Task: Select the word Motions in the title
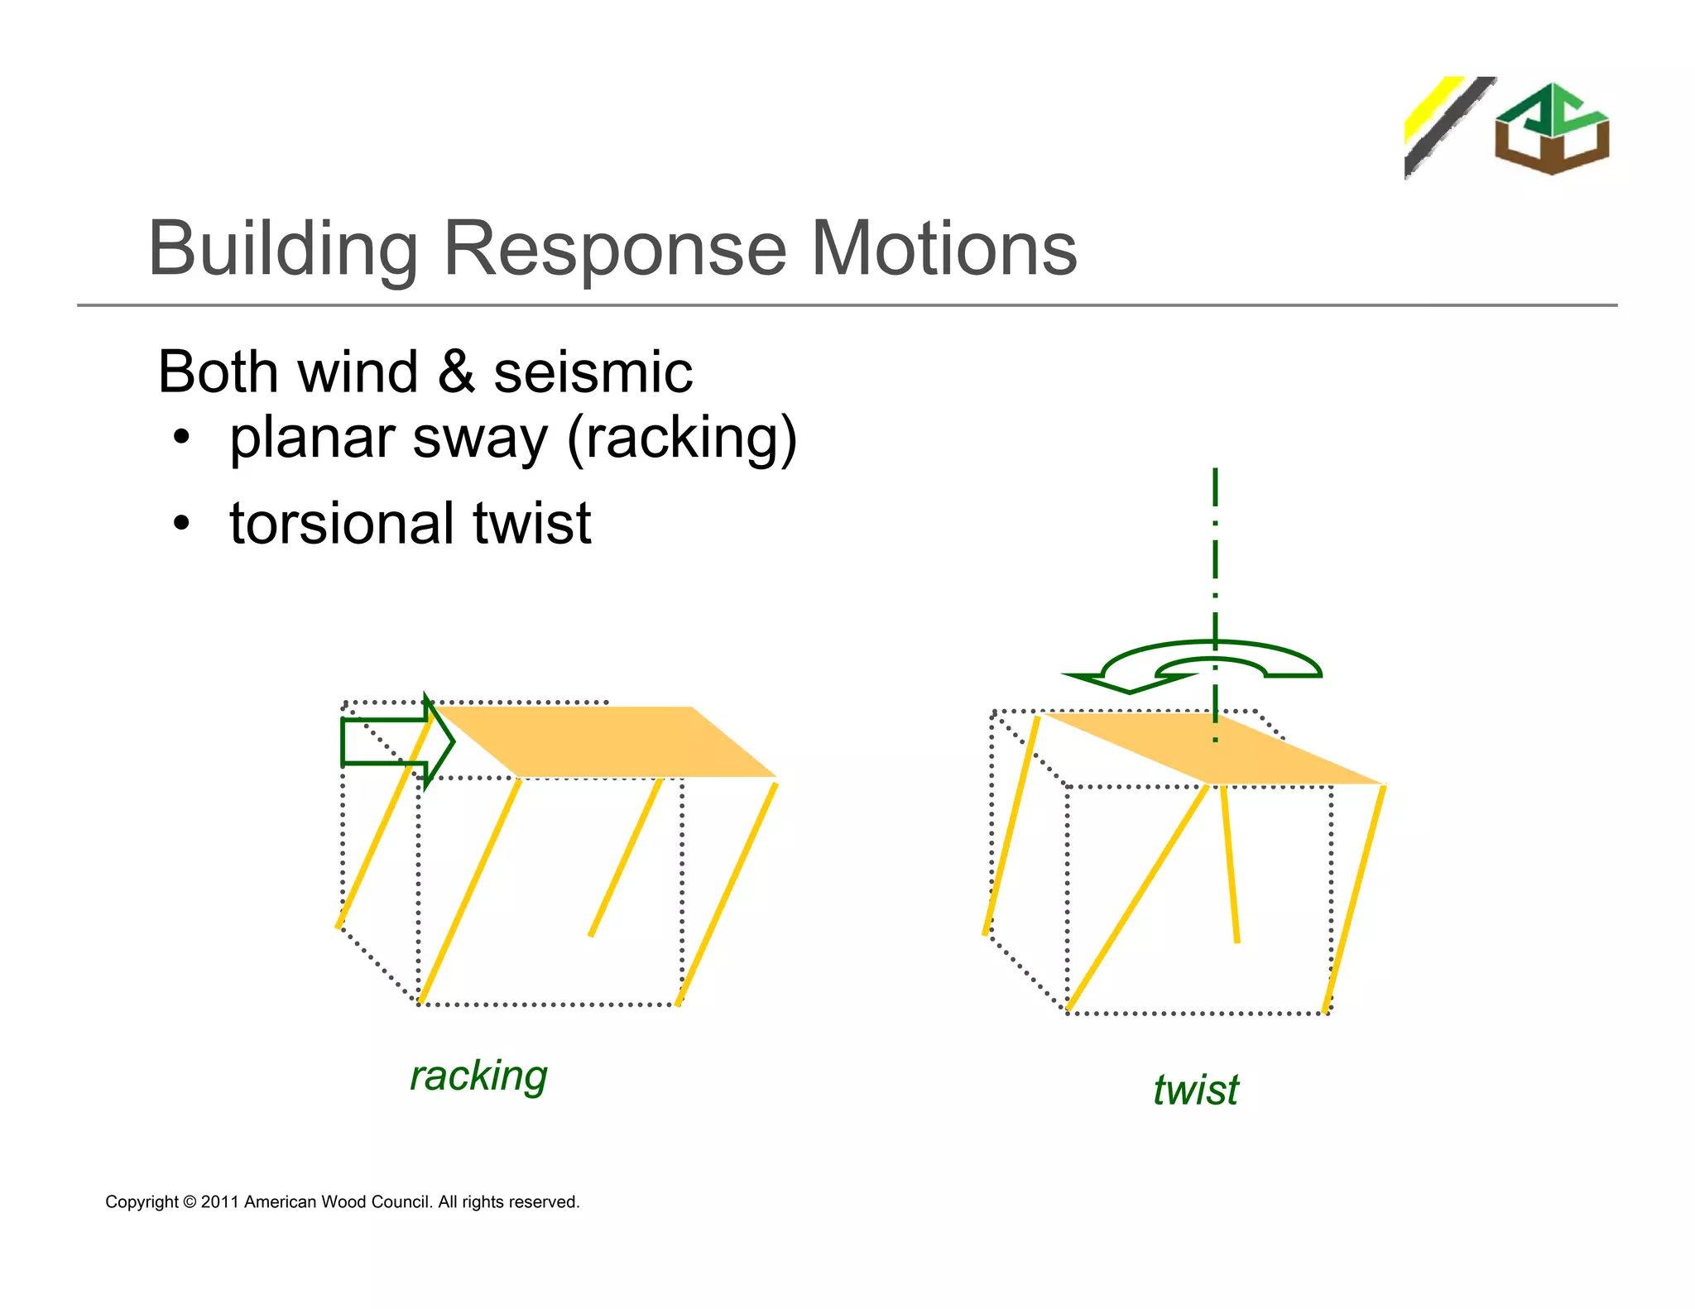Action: (x=944, y=250)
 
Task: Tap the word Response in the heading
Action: (x=614, y=250)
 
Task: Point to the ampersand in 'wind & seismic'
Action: (x=456, y=372)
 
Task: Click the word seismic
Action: (x=593, y=372)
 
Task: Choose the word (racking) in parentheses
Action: (x=681, y=439)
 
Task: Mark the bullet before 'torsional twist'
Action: (x=181, y=524)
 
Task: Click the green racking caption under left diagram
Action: (x=478, y=1076)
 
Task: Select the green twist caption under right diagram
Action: (x=1195, y=1090)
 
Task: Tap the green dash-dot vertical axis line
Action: (x=1215, y=563)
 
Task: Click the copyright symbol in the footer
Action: (x=190, y=1202)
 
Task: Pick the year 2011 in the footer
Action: (x=219, y=1202)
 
